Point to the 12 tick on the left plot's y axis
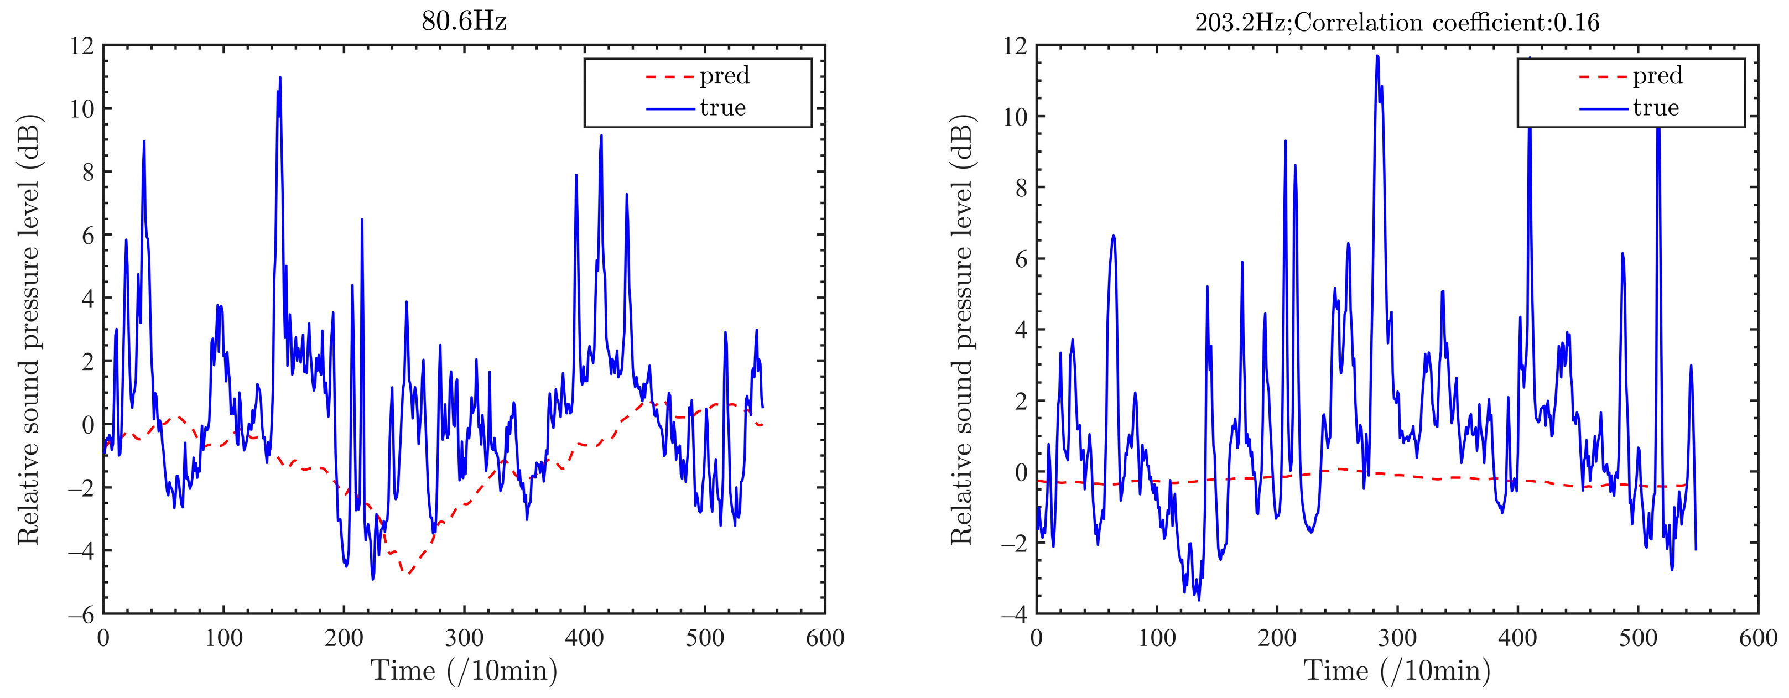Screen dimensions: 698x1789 pyautogui.click(x=81, y=46)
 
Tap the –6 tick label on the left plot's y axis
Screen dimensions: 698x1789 pyautogui.click(x=81, y=614)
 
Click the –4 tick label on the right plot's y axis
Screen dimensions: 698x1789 pyautogui.click(x=1014, y=614)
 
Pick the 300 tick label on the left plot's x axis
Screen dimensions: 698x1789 pyautogui.click(x=464, y=638)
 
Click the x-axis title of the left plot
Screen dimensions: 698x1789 pyautogui.click(x=464, y=671)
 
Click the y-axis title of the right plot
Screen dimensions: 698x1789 pyautogui.click(x=961, y=330)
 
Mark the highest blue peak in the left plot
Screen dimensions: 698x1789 pyautogui.click(x=280, y=78)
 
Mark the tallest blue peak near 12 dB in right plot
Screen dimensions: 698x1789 pyautogui.click(x=1376, y=56)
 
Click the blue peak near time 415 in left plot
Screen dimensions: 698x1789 pyautogui.click(x=601, y=136)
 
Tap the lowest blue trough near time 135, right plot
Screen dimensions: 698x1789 pyautogui.click(x=1199, y=600)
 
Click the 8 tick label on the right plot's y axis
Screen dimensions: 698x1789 pyautogui.click(x=1020, y=188)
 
